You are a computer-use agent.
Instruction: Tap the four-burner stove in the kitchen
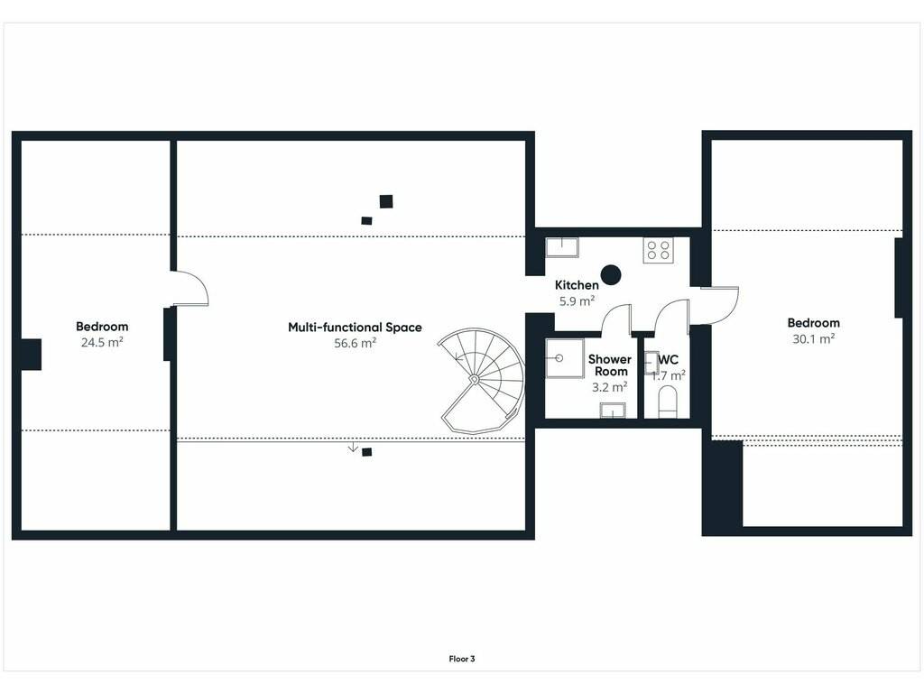pyautogui.click(x=658, y=250)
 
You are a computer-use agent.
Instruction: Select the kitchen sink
pyautogui.click(x=561, y=247)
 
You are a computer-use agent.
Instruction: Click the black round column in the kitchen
pyautogui.click(x=611, y=274)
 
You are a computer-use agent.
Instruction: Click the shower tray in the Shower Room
pyautogui.click(x=564, y=357)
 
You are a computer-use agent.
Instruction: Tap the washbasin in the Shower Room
pyautogui.click(x=613, y=411)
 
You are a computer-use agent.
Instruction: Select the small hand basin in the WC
pyautogui.click(x=651, y=363)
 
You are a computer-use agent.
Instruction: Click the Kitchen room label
pyautogui.click(x=577, y=285)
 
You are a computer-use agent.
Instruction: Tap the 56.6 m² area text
pyautogui.click(x=355, y=343)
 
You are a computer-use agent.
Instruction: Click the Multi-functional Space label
pyautogui.click(x=355, y=327)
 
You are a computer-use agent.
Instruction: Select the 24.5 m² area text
pyautogui.click(x=102, y=342)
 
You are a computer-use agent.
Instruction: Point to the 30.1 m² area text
pyautogui.click(x=813, y=338)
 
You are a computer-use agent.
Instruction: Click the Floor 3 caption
pyautogui.click(x=462, y=659)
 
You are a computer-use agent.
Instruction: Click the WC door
pyautogui.click(x=671, y=319)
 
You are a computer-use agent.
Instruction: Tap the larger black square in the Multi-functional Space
pyautogui.click(x=386, y=201)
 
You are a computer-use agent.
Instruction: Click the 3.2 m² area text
pyautogui.click(x=609, y=387)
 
